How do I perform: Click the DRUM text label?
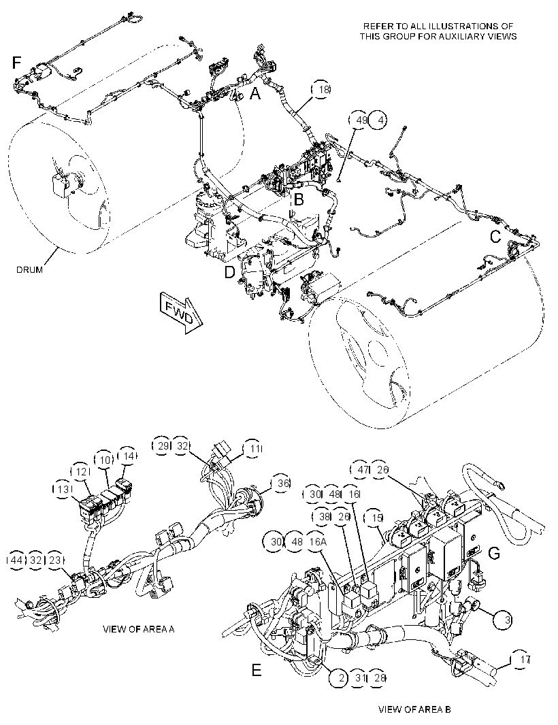pyautogui.click(x=30, y=269)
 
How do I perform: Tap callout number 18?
pyautogui.click(x=322, y=90)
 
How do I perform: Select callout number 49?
pyautogui.click(x=359, y=120)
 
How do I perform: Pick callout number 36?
pyautogui.click(x=282, y=483)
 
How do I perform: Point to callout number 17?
pyautogui.click(x=521, y=660)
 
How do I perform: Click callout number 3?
pyautogui.click(x=504, y=620)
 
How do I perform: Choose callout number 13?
pyautogui.click(x=63, y=489)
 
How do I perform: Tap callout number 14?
pyautogui.click(x=128, y=456)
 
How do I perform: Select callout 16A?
pyautogui.click(x=317, y=541)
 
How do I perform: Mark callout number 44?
pyautogui.click(x=16, y=560)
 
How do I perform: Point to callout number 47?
pyautogui.click(x=362, y=469)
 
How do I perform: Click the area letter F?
pyautogui.click(x=17, y=62)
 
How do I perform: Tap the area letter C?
pyautogui.click(x=495, y=237)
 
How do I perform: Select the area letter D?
pyautogui.click(x=230, y=273)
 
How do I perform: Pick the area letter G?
pyautogui.click(x=494, y=553)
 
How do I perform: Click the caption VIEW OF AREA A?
pyautogui.click(x=138, y=629)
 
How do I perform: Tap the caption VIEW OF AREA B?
pyautogui.click(x=414, y=709)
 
